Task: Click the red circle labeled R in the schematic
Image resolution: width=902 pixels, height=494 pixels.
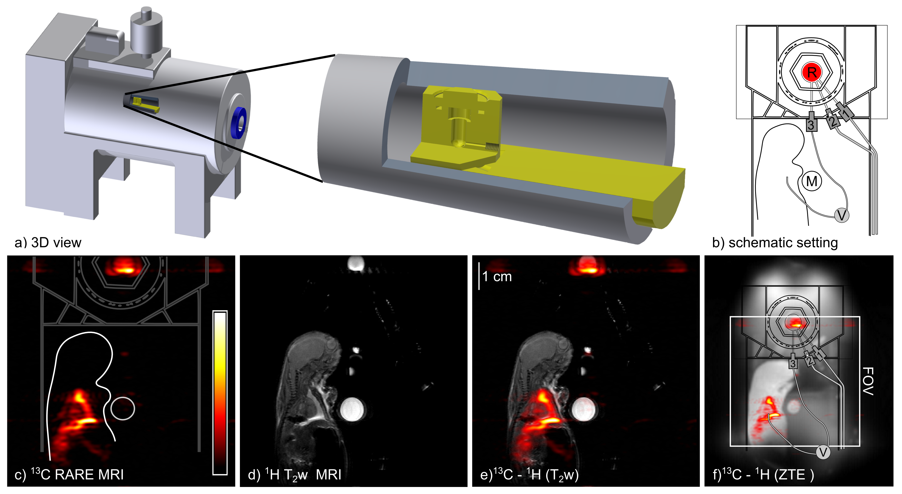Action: coord(812,73)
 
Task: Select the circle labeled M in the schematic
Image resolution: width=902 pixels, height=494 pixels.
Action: coord(812,181)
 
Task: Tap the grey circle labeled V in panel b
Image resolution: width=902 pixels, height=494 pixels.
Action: coord(842,215)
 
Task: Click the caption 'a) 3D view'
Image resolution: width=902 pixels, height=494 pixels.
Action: coord(48,243)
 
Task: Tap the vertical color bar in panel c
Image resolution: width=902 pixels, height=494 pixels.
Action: coord(220,392)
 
